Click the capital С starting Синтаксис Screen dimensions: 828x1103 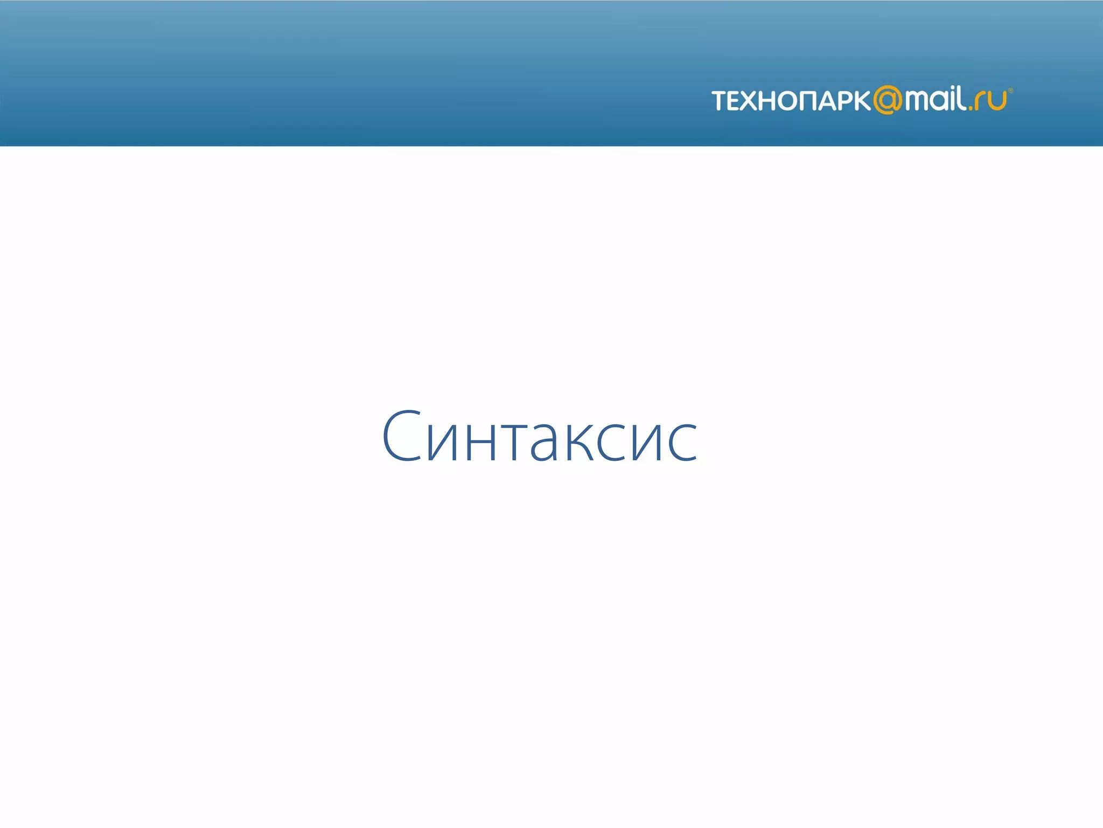(402, 436)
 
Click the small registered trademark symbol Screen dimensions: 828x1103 (1010, 91)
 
